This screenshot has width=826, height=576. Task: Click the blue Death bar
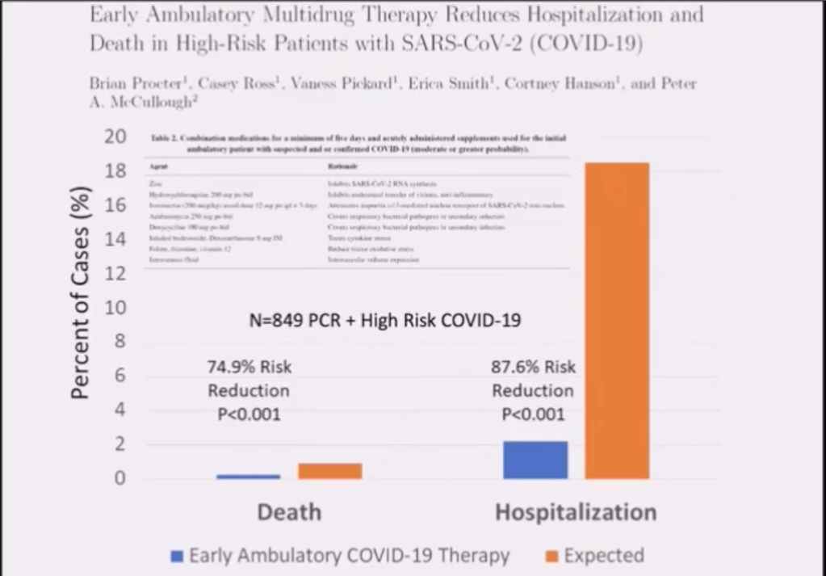[x=248, y=477]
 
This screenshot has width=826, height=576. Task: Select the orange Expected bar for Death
[x=329, y=471]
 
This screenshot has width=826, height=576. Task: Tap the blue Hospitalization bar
[x=535, y=460]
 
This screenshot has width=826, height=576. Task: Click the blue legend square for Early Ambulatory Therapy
[x=177, y=556]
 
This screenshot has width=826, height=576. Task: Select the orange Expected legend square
[x=551, y=556]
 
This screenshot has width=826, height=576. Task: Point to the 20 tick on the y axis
[x=115, y=137]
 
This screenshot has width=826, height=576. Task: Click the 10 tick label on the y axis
[x=115, y=307]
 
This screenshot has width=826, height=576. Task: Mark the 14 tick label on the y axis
[x=115, y=239]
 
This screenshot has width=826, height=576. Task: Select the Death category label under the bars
[x=289, y=512]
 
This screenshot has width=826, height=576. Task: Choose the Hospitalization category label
[x=575, y=512]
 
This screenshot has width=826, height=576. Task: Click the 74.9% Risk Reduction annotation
[x=249, y=391]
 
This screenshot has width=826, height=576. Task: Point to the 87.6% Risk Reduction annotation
[x=533, y=391]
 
